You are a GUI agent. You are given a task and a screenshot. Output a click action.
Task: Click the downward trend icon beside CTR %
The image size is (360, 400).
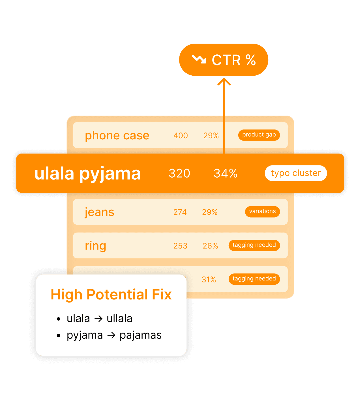coord(199,59)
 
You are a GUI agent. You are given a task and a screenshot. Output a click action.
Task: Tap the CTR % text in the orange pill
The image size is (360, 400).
coord(234,60)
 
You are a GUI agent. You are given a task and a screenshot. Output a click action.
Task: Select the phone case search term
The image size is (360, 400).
coord(117,135)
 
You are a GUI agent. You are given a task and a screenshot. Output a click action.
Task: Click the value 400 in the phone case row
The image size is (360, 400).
coord(181,135)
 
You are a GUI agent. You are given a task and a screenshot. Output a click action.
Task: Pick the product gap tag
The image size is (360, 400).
coord(259,135)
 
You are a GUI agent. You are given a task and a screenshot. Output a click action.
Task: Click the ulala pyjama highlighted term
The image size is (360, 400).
coord(87,173)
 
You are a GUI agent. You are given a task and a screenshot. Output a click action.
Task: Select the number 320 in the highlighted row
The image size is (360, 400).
coord(179,173)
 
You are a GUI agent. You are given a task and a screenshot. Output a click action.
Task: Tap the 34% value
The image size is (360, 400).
coord(226,173)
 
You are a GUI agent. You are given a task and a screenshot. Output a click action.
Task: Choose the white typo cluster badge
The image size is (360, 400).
coord(296,173)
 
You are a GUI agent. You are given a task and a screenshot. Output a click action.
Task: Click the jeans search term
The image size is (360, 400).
coord(99,212)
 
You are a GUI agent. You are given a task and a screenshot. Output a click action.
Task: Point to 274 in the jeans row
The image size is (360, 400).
coord(180,212)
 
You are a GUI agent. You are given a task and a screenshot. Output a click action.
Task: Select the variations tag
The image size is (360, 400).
coord(262,211)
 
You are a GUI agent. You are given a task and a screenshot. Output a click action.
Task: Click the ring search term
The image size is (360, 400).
coord(95,246)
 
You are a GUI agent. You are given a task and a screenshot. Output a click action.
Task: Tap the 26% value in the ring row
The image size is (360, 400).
coord(210,246)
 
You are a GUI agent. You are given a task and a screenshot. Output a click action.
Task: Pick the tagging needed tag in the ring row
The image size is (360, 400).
coord(254,245)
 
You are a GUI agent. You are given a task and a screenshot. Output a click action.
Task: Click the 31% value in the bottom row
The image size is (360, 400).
coord(209,280)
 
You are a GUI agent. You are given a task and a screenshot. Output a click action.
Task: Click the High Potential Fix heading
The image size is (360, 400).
coord(111,295)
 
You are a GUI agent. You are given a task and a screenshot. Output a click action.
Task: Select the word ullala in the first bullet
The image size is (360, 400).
coord(119,318)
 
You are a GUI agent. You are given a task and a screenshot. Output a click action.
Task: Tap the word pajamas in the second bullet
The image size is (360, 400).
coord(141,335)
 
